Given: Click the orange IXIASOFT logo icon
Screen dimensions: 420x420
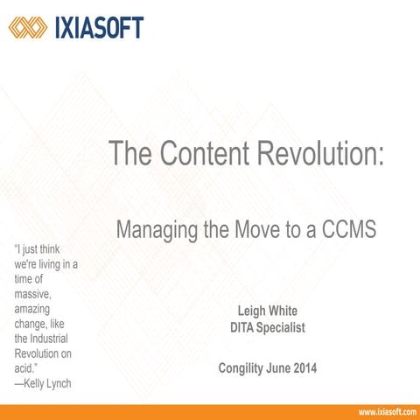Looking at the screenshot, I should pos(27,27).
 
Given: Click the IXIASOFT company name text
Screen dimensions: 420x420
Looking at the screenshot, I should pos(98,27).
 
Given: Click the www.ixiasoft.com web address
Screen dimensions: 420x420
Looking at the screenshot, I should pos(386,411).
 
